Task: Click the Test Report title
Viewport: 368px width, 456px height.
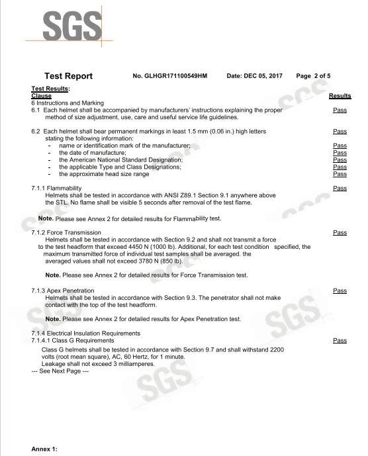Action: (68, 76)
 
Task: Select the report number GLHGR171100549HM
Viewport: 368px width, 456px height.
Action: (170, 76)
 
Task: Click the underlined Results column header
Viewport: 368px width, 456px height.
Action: (340, 96)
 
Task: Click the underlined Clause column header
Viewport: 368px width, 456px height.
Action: (42, 96)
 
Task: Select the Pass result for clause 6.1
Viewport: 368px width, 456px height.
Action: (340, 111)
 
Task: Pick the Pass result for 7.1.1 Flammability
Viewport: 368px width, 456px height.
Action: (340, 189)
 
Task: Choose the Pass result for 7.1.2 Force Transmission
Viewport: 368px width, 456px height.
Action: (340, 233)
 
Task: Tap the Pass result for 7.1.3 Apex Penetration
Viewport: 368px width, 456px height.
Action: (340, 291)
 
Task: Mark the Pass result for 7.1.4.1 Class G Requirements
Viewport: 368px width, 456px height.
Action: (340, 340)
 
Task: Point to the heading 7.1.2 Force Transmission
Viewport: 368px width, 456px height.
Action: (66, 233)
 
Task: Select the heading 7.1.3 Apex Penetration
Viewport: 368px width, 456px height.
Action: (63, 291)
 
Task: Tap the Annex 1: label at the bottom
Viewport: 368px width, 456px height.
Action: (45, 449)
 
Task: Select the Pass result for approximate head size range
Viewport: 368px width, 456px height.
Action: (340, 174)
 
